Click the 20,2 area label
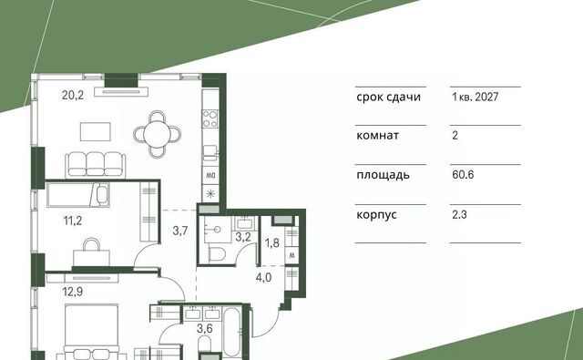73,95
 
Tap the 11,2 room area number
73,221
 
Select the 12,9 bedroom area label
73,292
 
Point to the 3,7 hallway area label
180,231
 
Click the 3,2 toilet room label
243,237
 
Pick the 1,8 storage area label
271,242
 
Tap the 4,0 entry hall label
263,277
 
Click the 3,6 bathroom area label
205,328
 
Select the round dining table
158,134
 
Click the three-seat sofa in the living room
95,165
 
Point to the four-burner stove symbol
210,118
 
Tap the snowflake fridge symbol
210,194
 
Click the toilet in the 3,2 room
217,254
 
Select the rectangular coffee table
96,131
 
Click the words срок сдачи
389,98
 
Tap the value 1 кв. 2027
476,98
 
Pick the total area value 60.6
463,174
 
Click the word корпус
376,215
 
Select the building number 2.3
459,214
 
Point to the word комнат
377,136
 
